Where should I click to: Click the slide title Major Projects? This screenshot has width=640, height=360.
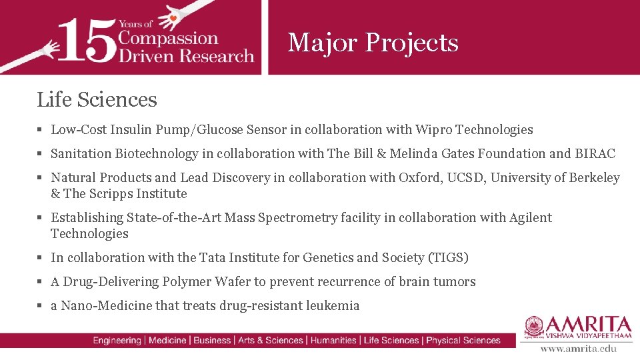[x=373, y=43]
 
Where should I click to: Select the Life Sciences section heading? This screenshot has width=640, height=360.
[x=97, y=100]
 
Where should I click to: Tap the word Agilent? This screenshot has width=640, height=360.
[x=531, y=218]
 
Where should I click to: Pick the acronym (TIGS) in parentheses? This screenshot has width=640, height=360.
[x=448, y=258]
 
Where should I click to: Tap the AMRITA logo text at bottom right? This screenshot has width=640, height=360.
[x=587, y=325]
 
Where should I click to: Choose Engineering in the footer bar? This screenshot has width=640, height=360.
[x=117, y=341]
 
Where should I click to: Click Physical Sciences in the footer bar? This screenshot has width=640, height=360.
[x=463, y=341]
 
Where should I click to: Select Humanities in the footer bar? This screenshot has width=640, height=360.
[x=333, y=341]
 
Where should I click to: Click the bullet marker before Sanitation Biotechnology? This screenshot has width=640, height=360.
[x=41, y=154]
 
